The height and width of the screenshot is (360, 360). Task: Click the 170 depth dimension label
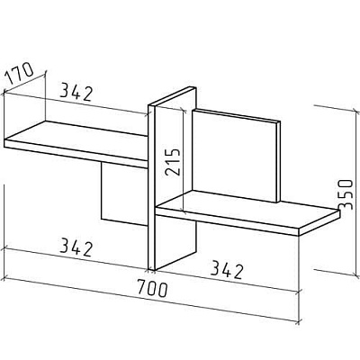click(20, 73)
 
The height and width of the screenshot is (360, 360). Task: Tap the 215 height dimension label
click(173, 161)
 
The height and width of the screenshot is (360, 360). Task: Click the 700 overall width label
click(152, 288)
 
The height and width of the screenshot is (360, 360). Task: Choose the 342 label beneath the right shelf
click(226, 270)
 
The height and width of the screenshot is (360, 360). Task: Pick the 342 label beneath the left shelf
click(76, 247)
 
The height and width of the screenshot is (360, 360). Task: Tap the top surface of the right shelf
click(249, 208)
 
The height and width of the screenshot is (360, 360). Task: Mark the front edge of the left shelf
click(76, 154)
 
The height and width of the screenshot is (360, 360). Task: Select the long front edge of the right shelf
click(227, 221)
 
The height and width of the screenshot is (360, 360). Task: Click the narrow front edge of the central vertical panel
click(152, 187)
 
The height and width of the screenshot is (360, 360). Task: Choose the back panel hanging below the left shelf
click(124, 193)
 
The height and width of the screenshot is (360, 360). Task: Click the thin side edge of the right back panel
click(279, 162)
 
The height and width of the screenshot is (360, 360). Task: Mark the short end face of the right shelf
click(319, 223)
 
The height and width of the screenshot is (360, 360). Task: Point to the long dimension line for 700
click(150, 300)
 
